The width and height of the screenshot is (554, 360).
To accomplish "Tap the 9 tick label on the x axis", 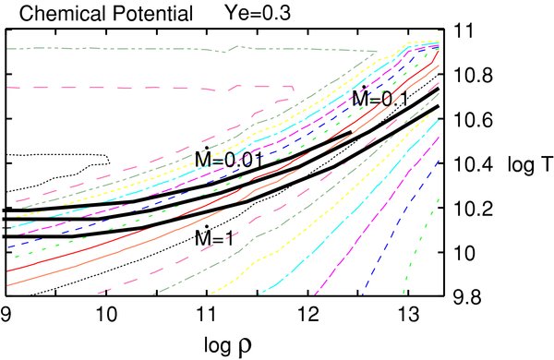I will tap(7, 315).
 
